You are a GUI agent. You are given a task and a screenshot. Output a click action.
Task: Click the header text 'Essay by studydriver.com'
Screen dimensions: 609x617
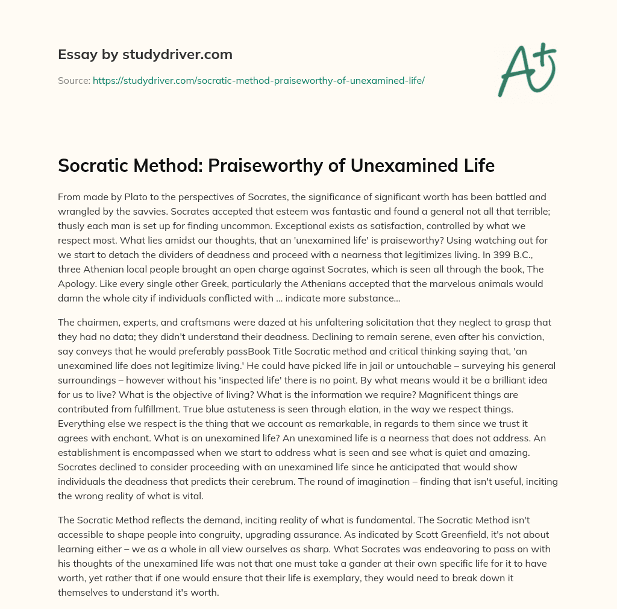tap(145, 55)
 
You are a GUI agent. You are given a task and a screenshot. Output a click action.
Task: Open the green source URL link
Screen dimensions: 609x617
tap(258, 80)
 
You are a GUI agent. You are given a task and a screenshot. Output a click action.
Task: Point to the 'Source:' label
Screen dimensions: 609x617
tap(74, 80)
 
